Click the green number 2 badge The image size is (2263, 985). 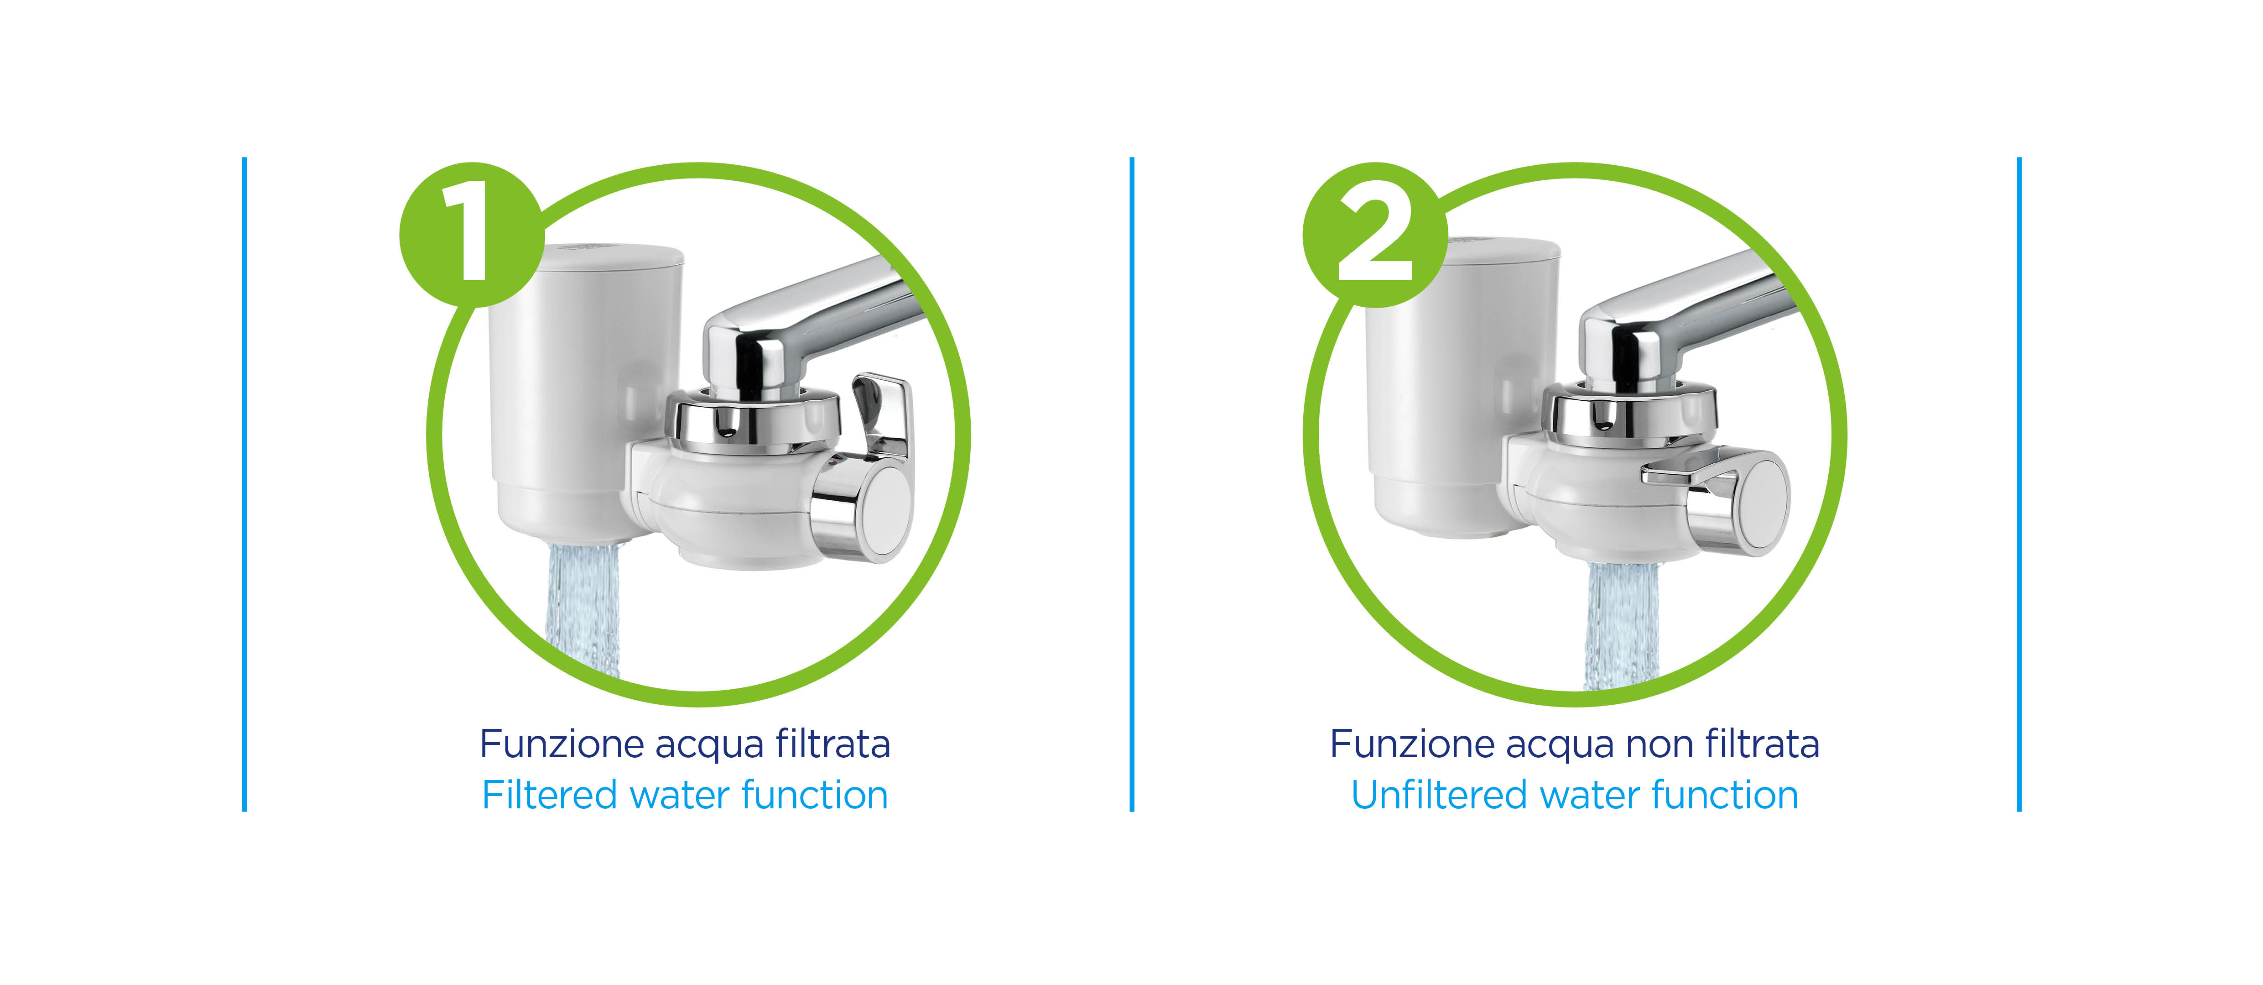[1375, 235]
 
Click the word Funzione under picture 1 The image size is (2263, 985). [562, 744]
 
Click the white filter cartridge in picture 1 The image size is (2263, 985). [584, 387]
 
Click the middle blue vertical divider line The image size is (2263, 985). [1131, 484]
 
